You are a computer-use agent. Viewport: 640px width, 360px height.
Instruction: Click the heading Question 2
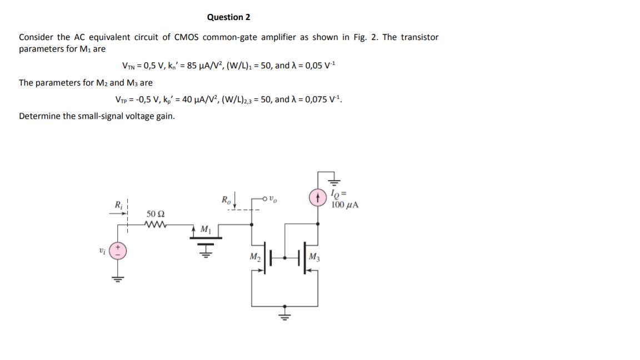[228, 17]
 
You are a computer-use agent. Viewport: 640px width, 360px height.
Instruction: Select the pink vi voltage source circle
[117, 251]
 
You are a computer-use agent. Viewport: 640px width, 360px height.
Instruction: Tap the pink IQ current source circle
[318, 197]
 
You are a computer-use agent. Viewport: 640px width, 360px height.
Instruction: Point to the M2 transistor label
[254, 257]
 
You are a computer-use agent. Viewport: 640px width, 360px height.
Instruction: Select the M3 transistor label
[315, 257]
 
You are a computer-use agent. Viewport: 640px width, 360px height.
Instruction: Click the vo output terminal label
[273, 198]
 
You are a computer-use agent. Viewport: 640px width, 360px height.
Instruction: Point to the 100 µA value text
[344, 204]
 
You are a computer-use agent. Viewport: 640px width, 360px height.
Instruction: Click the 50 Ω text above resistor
[156, 214]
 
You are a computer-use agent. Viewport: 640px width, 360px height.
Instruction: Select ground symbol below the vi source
[117, 278]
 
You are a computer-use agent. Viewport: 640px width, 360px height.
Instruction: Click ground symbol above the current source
[334, 180]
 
